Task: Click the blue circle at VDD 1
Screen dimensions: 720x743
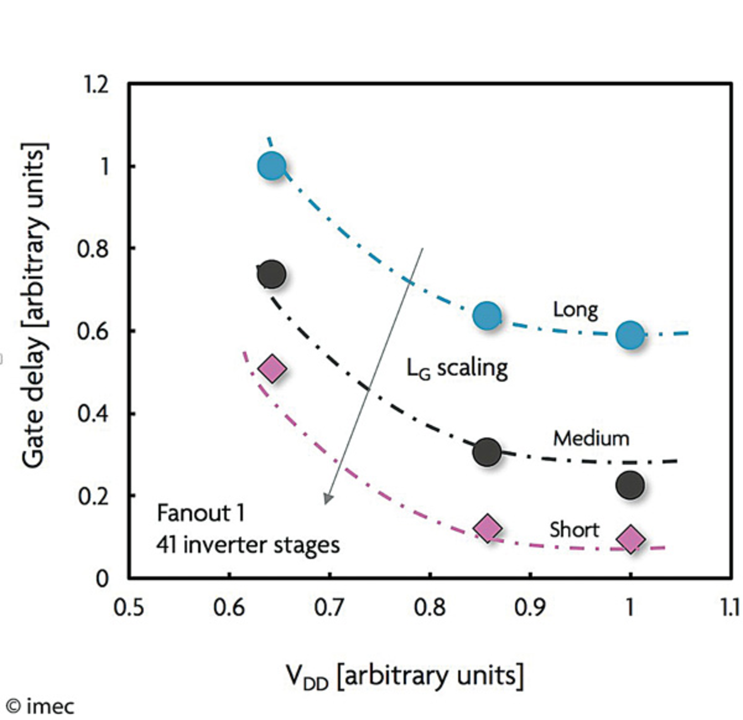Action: (x=630, y=335)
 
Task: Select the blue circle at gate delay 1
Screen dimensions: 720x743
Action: (x=272, y=166)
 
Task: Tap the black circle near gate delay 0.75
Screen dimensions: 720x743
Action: (x=271, y=274)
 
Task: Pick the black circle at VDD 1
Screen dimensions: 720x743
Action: (x=630, y=485)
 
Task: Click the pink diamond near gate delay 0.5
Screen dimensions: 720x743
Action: (x=272, y=368)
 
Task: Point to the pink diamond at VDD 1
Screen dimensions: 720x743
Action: (x=631, y=539)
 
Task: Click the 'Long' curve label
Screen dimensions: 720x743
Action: (x=575, y=310)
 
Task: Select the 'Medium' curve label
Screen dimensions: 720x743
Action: (x=591, y=439)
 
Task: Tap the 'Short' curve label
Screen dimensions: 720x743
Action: (x=574, y=529)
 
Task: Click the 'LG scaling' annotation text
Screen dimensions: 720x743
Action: (x=457, y=368)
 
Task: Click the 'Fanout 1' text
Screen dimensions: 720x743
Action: (x=201, y=514)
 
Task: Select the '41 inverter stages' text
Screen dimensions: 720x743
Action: (x=248, y=545)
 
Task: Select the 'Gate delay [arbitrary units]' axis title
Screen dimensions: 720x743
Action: (x=36, y=306)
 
